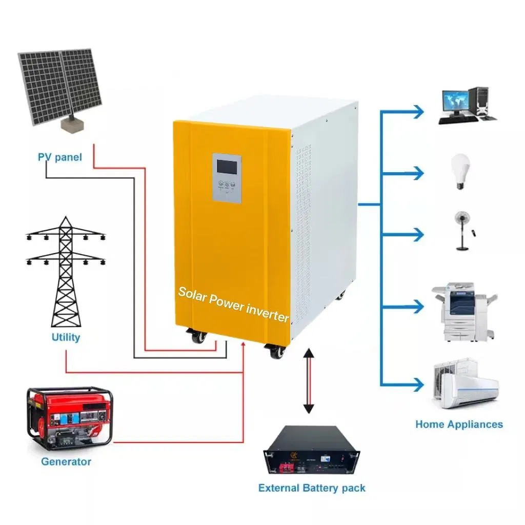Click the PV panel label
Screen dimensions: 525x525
pos(60,157)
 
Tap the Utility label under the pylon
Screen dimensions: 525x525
pos(66,337)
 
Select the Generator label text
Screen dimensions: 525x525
pos(66,461)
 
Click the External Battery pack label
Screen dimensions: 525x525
pos(312,488)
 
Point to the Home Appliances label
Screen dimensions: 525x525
pos(459,424)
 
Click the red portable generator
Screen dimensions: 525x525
pos(70,418)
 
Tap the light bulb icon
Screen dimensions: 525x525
pos(460,171)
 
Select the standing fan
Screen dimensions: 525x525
pos(463,231)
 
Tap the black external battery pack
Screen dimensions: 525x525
pos(311,450)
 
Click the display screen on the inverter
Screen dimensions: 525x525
pos(227,167)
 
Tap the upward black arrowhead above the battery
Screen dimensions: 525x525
pos(308,352)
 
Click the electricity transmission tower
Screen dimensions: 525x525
pos(66,272)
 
